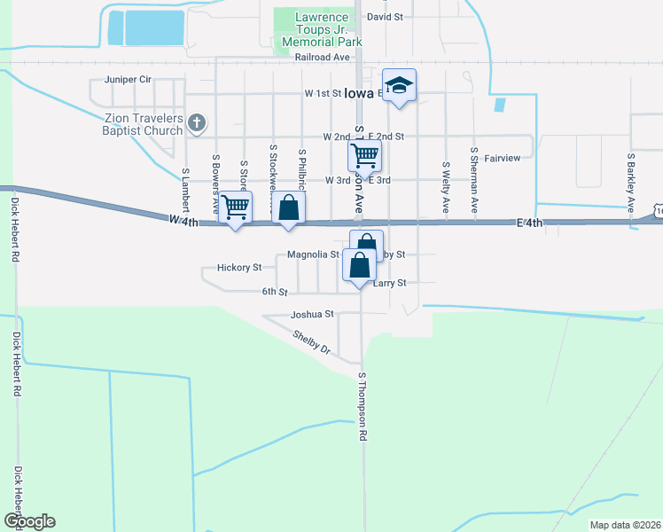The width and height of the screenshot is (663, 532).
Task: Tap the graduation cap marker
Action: pos(400,86)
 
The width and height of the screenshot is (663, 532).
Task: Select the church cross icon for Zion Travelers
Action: pos(198,123)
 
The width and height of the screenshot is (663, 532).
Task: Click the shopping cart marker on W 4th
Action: pos(236,208)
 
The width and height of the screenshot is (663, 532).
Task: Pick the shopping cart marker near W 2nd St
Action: pos(364,157)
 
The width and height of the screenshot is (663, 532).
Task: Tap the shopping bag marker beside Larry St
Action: pos(359,266)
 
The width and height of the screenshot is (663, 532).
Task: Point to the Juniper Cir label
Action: pos(128,80)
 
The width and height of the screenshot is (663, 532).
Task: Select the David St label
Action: pos(384,17)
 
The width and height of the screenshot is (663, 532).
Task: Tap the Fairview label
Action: pos(502,159)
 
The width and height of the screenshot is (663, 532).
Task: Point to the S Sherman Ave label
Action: pos(475,181)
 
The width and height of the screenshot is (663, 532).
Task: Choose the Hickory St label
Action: pos(238,267)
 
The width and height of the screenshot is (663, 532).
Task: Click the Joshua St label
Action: pos(312,314)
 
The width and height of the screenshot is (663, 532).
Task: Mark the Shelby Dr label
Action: pos(311,342)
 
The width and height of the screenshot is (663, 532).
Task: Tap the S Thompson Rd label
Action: pos(363,407)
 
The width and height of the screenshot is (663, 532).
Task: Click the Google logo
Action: pos(28,521)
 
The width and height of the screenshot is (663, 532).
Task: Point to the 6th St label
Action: pos(275,292)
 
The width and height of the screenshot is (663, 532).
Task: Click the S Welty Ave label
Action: pos(446,187)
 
